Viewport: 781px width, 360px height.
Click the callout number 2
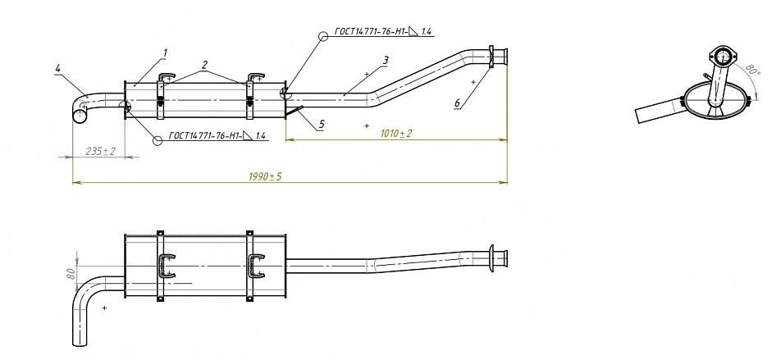click(203, 63)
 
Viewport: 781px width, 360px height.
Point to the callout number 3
click(385, 60)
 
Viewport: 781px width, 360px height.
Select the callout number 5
click(322, 124)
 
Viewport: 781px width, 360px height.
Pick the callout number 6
click(456, 103)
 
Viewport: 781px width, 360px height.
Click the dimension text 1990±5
click(265, 176)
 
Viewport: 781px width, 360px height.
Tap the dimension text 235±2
click(100, 151)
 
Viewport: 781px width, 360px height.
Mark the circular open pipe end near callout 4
click(80, 116)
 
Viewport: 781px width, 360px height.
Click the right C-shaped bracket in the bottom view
click(254, 266)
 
